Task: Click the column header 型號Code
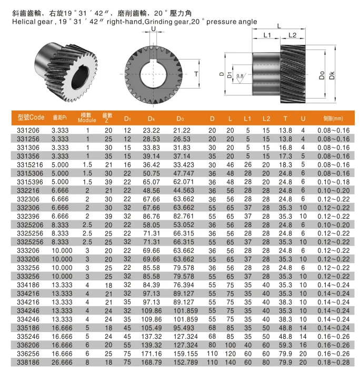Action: pyautogui.click(x=31, y=118)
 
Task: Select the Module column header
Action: pyautogui.click(x=87, y=118)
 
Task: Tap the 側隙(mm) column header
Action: pyautogui.click(x=333, y=118)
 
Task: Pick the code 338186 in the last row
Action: pyautogui.click(x=27, y=362)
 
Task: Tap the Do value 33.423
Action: pyautogui.click(x=187, y=165)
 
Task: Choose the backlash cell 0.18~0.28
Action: pyautogui.click(x=333, y=362)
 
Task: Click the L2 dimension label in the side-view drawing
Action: pyautogui.click(x=293, y=35)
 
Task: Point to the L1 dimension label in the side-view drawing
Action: pyautogui.click(x=267, y=35)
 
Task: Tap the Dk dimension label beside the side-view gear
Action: pyautogui.click(x=332, y=75)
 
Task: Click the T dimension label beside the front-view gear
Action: pyautogui.click(x=196, y=74)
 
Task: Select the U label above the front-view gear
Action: pyautogui.click(x=153, y=30)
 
